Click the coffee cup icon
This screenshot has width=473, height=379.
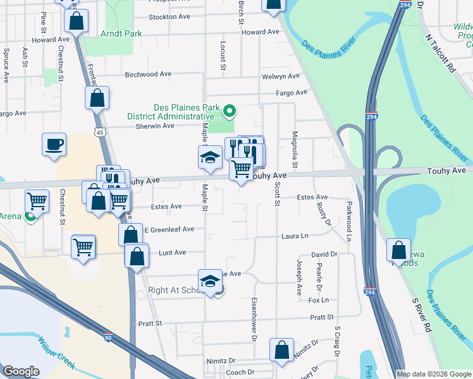[54, 143]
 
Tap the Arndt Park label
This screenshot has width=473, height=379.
[121, 33]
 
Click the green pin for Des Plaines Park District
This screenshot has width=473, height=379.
[230, 112]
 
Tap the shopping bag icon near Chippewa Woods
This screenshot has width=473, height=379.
[400, 250]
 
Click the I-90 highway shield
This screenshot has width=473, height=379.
[109, 338]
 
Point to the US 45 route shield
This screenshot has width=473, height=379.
[98, 131]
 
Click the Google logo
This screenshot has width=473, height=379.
[21, 371]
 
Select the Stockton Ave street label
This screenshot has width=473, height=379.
[169, 17]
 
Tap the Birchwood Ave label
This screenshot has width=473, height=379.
[149, 74]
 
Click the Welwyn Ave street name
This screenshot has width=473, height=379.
[280, 76]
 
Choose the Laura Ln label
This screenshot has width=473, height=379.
[295, 236]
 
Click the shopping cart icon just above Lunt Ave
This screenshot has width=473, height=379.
[83, 247]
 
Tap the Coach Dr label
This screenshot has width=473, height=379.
[240, 373]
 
